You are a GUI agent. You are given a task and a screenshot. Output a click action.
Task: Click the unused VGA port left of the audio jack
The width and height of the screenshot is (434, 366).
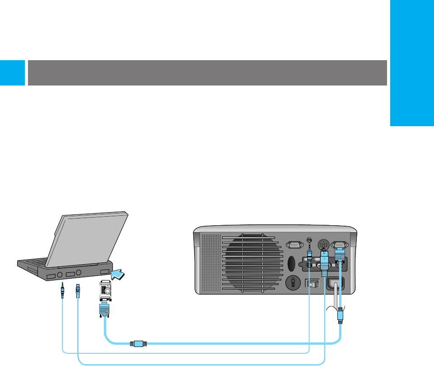(x=294, y=245)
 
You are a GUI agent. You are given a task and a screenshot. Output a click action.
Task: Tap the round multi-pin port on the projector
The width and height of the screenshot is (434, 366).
(x=324, y=244)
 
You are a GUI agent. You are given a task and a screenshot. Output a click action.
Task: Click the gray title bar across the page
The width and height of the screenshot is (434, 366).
(x=207, y=72)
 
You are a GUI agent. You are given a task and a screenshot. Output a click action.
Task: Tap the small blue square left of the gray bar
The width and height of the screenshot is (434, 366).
(x=12, y=72)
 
